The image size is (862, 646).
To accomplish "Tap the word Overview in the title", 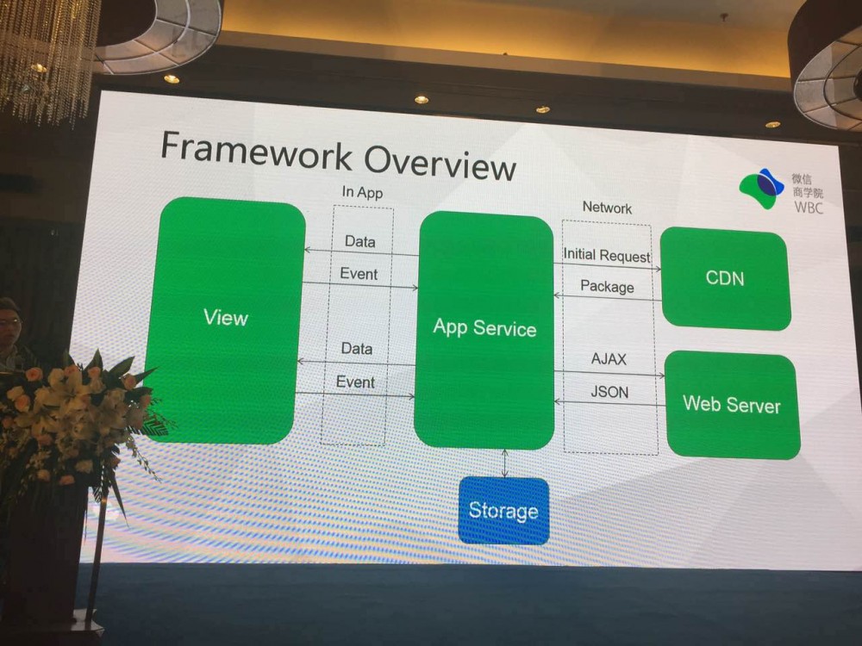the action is pyautogui.click(x=440, y=162).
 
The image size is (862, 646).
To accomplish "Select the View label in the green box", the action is pyautogui.click(x=226, y=318).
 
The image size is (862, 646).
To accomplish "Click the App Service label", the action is pyautogui.click(x=484, y=327).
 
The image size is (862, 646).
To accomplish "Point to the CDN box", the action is pyautogui.click(x=725, y=279).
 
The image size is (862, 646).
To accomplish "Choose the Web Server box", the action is pyautogui.click(x=732, y=405).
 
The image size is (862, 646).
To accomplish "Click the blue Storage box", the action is pyautogui.click(x=503, y=510).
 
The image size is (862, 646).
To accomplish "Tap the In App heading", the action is pyautogui.click(x=362, y=192).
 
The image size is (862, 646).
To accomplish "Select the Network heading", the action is pyautogui.click(x=607, y=208).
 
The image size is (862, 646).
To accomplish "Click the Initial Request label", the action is pyautogui.click(x=606, y=255).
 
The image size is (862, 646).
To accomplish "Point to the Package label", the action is pyautogui.click(x=607, y=286).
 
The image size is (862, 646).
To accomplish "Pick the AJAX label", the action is pyautogui.click(x=609, y=358).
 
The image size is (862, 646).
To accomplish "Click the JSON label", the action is pyautogui.click(x=609, y=392).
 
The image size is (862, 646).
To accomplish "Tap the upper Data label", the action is pyautogui.click(x=360, y=241).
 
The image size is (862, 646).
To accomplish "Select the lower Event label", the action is pyautogui.click(x=355, y=382).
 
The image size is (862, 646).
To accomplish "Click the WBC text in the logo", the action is pyautogui.click(x=809, y=208).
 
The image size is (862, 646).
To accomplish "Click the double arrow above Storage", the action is pyautogui.click(x=504, y=463).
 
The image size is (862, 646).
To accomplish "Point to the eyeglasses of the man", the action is pyautogui.click(x=9, y=322).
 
